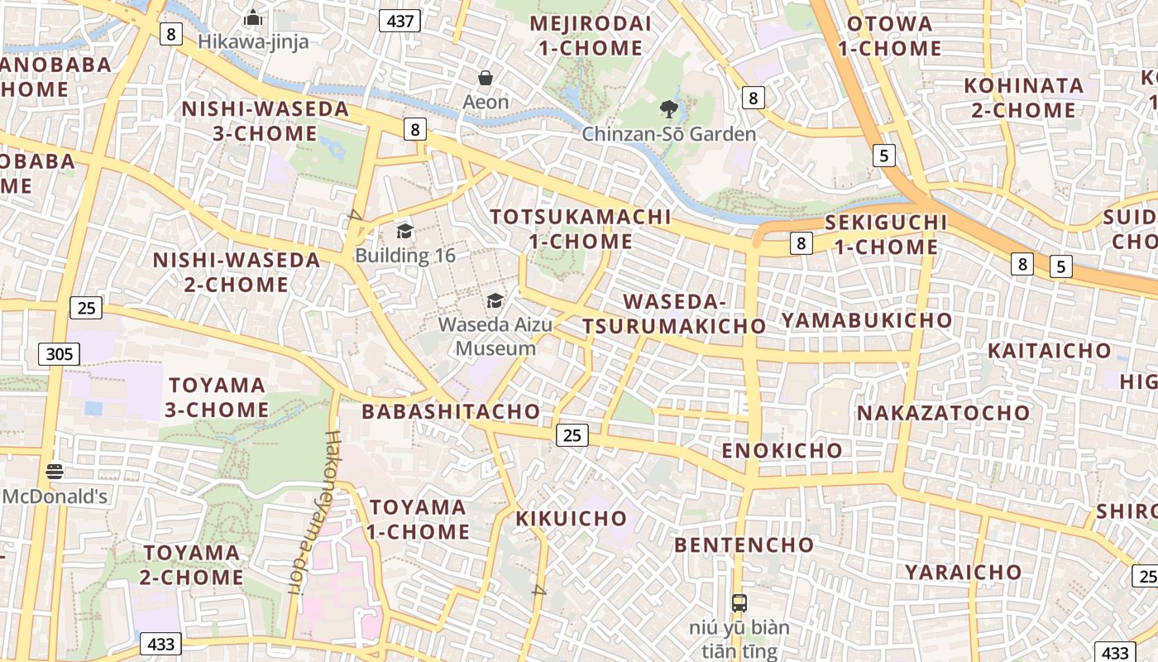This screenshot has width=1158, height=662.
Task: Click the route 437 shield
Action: (400, 21)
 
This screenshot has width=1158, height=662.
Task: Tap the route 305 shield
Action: (60, 355)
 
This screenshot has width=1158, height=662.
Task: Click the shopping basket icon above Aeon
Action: (486, 78)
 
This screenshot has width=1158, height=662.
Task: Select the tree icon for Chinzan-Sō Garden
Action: (668, 108)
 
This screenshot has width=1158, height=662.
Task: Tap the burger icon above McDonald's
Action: (55, 472)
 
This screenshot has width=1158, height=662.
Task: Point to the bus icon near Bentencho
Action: (739, 602)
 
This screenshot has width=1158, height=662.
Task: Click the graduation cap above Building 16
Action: (404, 231)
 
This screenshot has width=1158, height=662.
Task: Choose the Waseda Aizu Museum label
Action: (495, 336)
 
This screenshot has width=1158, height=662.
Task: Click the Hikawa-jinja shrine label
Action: (253, 41)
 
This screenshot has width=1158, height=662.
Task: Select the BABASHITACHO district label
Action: (451, 411)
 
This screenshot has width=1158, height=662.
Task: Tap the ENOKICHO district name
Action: (782, 451)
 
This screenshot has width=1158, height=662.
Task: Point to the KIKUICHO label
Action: (572, 519)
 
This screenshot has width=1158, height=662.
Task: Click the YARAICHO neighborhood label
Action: (963, 572)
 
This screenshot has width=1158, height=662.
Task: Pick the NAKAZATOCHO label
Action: (943, 413)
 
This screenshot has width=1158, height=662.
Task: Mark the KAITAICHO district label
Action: (1049, 351)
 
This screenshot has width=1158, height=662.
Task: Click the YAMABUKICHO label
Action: (866, 320)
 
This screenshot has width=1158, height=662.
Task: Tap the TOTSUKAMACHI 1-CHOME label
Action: (580, 229)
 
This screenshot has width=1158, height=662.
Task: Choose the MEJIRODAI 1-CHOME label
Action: (591, 36)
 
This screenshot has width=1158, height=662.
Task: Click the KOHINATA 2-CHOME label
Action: (1023, 98)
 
